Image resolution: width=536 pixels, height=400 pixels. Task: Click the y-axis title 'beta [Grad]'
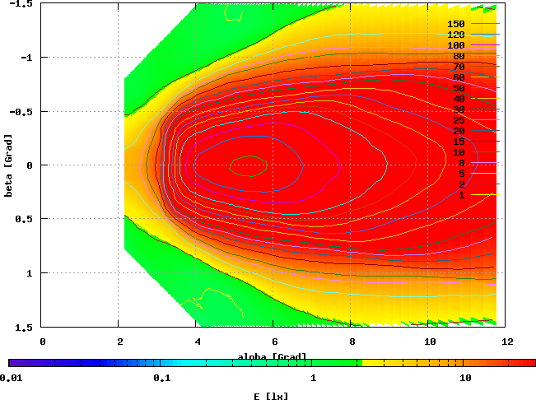7,165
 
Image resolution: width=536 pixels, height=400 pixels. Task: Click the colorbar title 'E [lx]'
272,396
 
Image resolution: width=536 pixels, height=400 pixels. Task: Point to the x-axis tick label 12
507,340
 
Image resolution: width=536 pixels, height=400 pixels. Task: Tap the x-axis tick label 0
43,340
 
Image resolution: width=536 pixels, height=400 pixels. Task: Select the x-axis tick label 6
275,340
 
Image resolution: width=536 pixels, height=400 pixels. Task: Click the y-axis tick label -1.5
23,4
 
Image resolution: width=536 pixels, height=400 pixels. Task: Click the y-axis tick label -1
28,58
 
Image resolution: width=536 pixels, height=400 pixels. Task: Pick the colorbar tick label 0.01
10,378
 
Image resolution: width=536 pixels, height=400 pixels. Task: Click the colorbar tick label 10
465,378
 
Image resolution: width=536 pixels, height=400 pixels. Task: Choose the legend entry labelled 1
461,195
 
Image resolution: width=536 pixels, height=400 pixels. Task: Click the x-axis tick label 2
120,340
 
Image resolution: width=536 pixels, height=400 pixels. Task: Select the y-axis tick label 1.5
26,327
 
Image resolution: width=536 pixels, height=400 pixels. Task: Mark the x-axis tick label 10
430,340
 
